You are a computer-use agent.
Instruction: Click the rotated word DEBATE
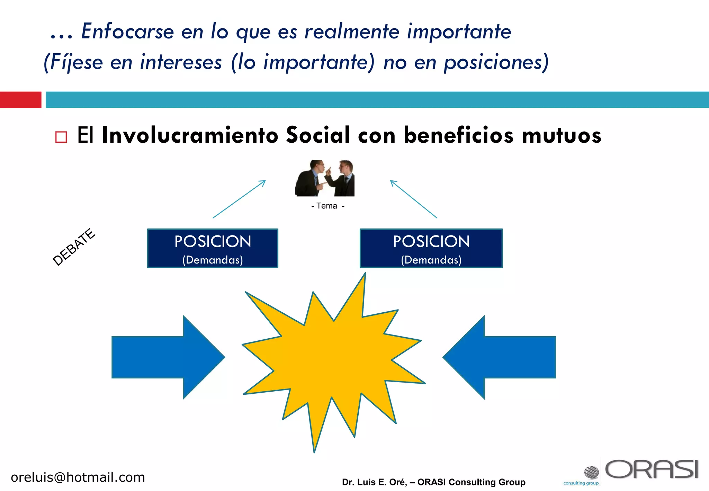[74, 247]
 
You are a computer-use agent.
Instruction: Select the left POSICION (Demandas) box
[213, 248]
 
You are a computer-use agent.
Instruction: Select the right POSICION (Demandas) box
[431, 248]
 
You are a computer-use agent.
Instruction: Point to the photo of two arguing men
[325, 178]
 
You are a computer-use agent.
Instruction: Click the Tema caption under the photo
[327, 206]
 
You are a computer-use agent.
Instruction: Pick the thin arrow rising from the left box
[239, 199]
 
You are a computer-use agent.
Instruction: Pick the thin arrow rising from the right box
[414, 199]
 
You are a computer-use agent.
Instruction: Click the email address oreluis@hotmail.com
[78, 477]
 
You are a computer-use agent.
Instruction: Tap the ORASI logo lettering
[652, 470]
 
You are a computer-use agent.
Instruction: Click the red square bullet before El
[61, 137]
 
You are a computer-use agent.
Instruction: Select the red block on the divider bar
[20, 100]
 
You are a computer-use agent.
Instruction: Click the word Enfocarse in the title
[127, 32]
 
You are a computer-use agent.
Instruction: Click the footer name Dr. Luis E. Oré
[374, 482]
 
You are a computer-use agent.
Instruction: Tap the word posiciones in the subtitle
[496, 63]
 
